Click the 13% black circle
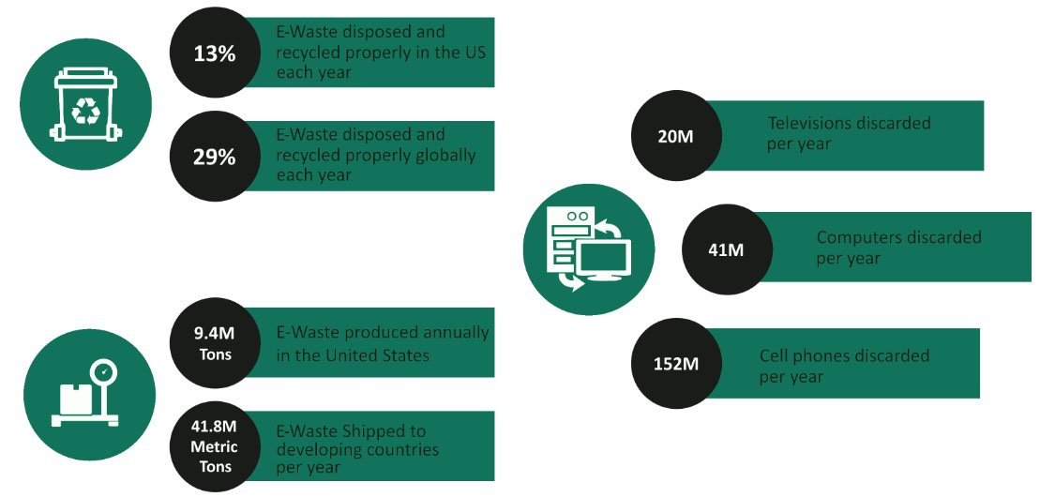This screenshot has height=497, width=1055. point(215,53)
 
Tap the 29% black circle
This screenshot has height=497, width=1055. point(215,157)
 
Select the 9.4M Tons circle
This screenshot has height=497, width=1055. point(215,343)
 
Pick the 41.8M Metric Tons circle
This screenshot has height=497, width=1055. point(215,446)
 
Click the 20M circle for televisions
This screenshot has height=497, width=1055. point(675,135)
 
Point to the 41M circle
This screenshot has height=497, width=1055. point(726,249)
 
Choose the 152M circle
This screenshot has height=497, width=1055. point(675,363)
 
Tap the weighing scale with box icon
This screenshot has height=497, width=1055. point(84,395)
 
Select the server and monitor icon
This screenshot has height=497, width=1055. point(589,248)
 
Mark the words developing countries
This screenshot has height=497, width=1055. point(357,450)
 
